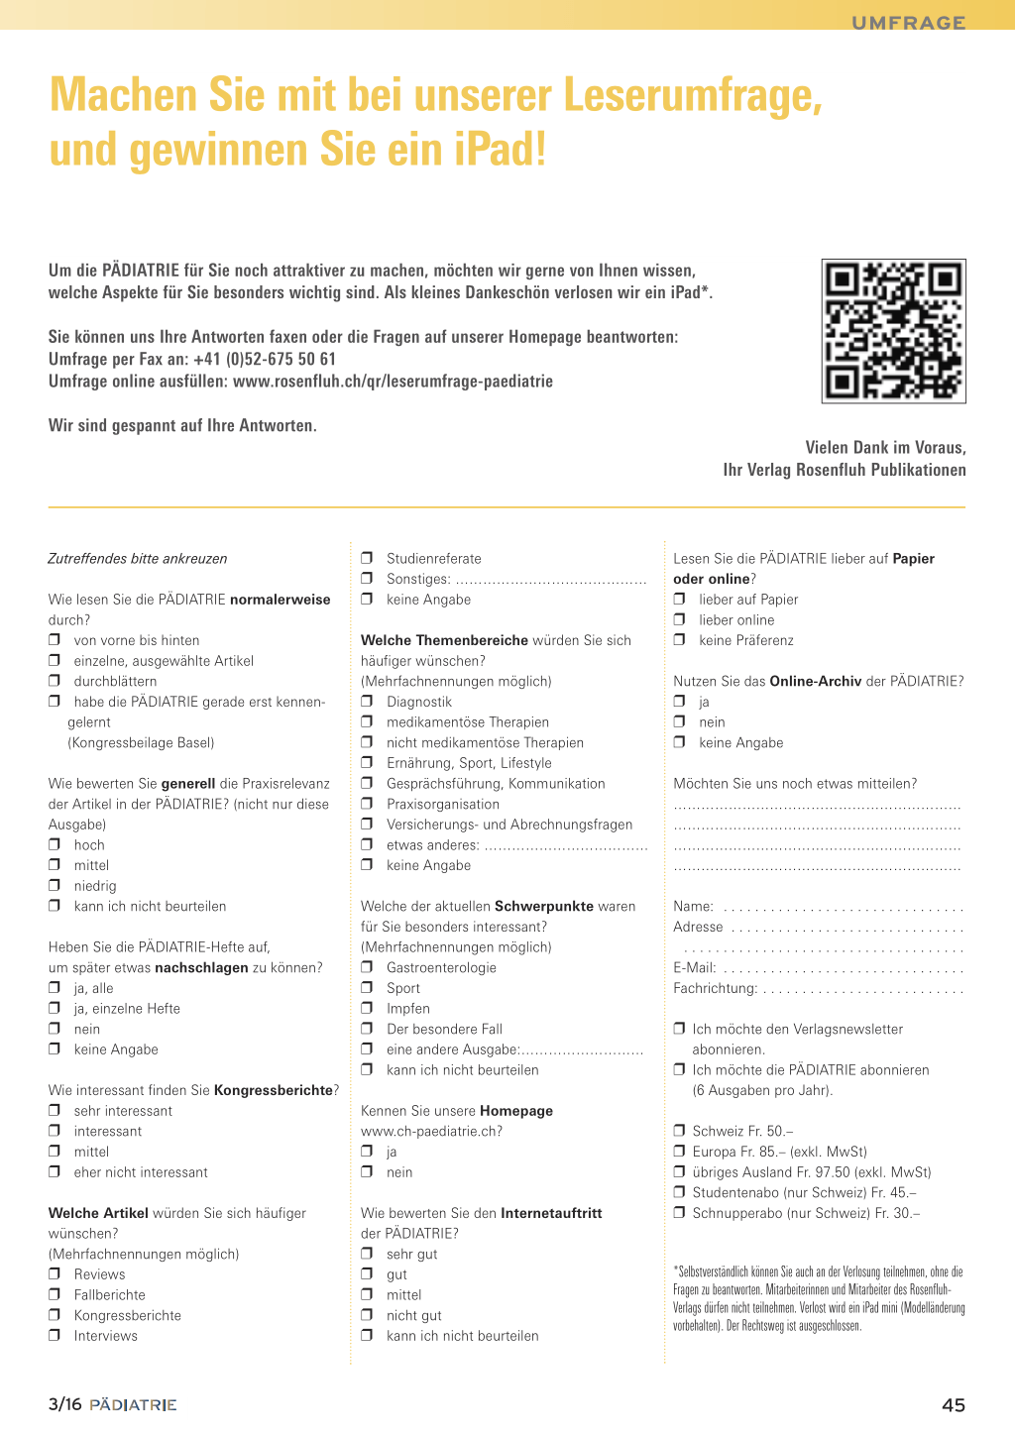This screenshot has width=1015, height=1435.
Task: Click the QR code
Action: tap(893, 331)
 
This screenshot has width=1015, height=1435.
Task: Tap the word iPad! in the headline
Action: tap(501, 150)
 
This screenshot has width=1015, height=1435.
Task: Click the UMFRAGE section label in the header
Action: tap(908, 22)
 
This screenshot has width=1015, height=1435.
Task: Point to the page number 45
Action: tap(953, 1404)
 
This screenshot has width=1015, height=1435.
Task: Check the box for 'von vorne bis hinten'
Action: tap(55, 640)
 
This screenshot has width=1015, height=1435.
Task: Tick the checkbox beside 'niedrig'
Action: tap(55, 886)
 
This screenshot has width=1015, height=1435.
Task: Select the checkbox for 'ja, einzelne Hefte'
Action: tap(55, 1009)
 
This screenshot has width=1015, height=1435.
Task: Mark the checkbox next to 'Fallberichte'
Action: tap(55, 1295)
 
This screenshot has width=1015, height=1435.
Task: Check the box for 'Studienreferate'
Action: tap(367, 558)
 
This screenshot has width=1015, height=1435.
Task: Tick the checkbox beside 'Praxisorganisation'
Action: tap(367, 804)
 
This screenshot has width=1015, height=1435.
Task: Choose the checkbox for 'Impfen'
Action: tap(367, 1009)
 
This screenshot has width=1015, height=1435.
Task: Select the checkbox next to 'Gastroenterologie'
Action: tap(367, 967)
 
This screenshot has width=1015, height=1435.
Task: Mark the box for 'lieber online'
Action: tap(679, 619)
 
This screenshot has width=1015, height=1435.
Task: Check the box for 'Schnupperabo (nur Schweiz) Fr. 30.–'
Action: tap(679, 1213)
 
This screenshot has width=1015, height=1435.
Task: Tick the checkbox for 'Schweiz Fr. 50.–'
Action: tap(679, 1131)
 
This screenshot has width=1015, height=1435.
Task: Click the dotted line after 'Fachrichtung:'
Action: tap(862, 990)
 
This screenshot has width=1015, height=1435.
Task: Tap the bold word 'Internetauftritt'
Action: tap(551, 1213)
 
